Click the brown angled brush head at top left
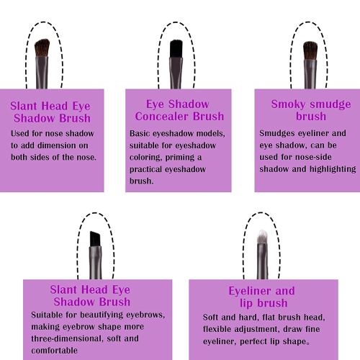tap(42, 48)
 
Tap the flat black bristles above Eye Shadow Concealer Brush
tap(176, 49)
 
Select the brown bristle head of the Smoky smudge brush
tap(310, 50)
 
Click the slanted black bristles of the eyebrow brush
tap(95, 239)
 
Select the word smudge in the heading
tap(330, 104)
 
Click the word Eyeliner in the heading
tap(250, 292)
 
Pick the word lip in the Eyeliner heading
tap(246, 303)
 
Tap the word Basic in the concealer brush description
tap(140, 133)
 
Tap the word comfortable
tap(54, 351)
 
